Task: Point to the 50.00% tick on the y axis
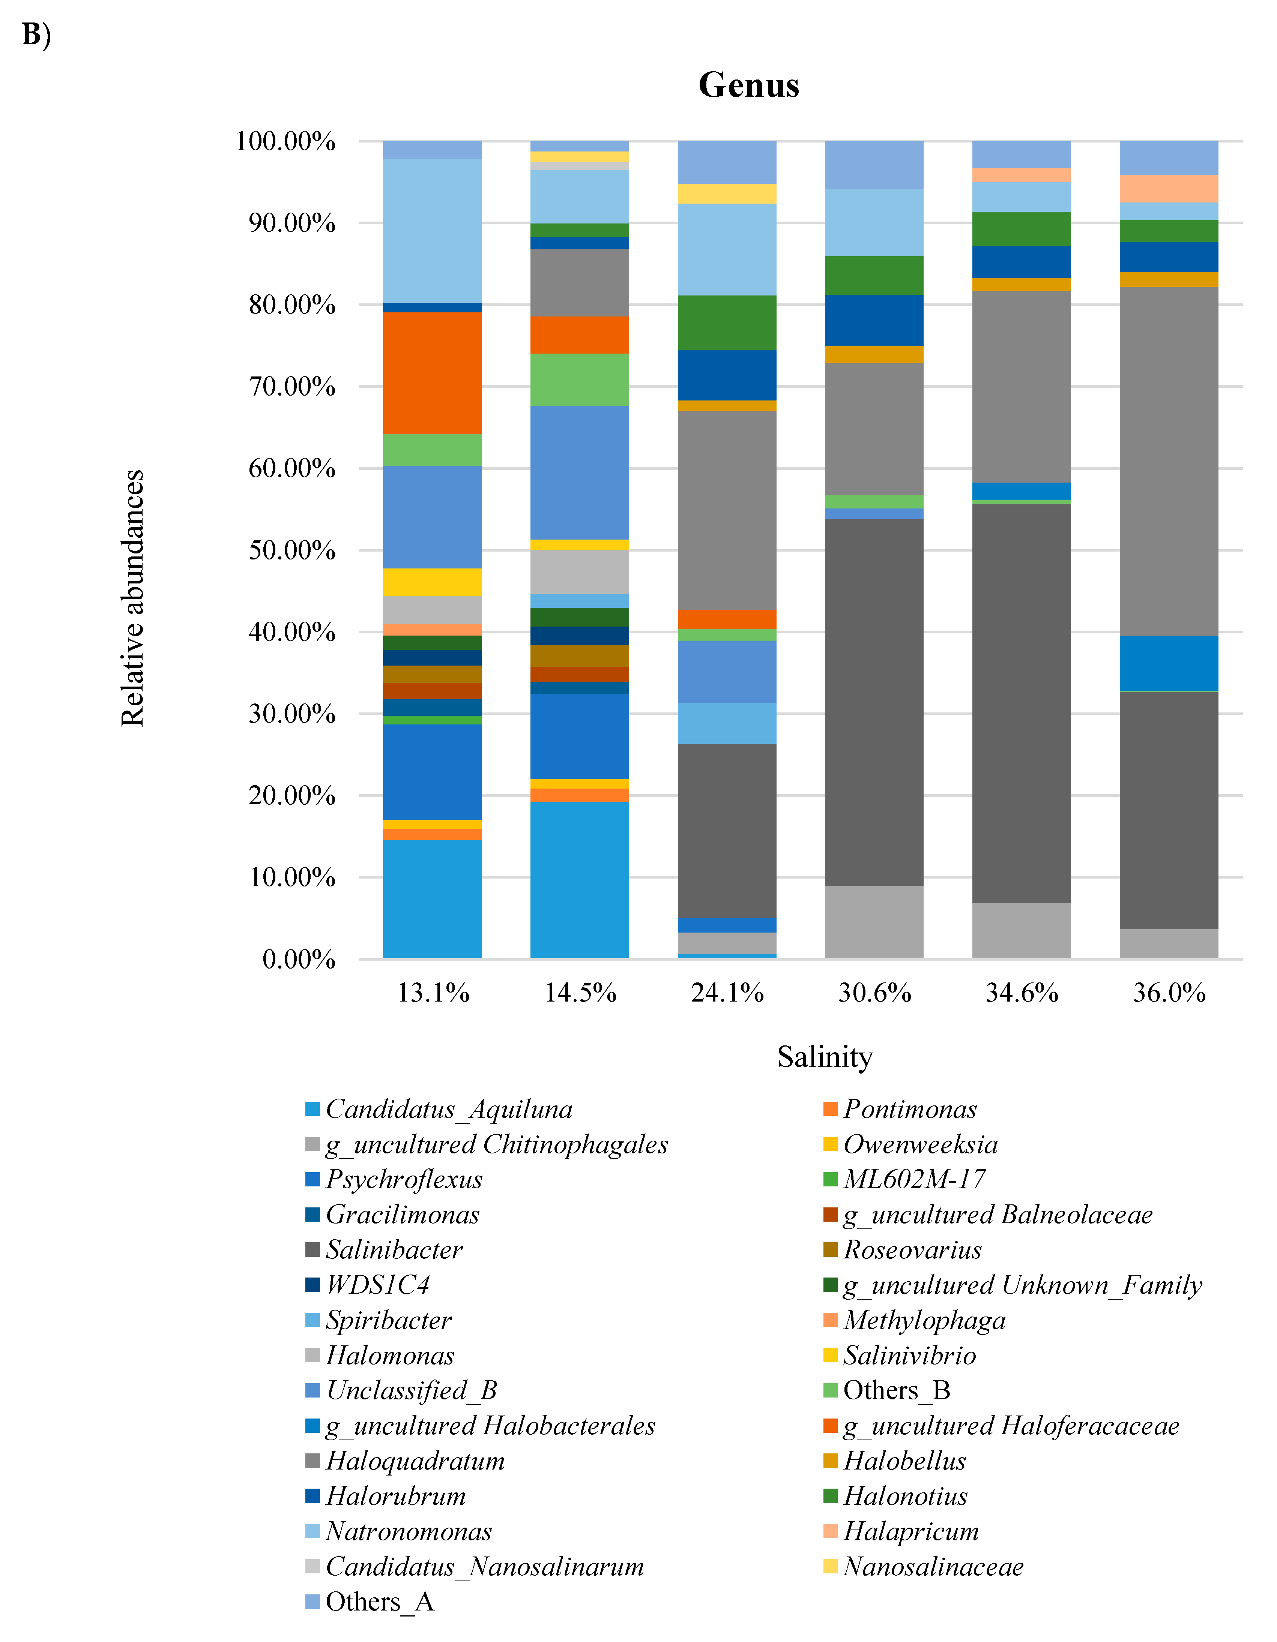(x=292, y=550)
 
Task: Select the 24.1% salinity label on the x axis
(x=727, y=993)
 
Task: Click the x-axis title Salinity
(x=825, y=1057)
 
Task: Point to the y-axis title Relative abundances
(x=132, y=598)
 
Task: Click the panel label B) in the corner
(x=36, y=34)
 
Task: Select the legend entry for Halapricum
(x=911, y=1531)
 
